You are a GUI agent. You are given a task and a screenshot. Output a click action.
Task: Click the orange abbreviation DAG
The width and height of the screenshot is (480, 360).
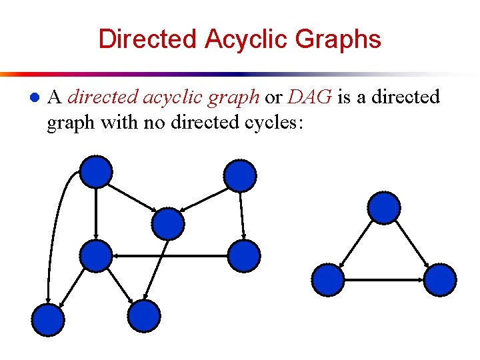point(309,97)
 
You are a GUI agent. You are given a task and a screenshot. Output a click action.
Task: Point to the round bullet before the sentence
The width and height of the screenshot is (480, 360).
point(33,98)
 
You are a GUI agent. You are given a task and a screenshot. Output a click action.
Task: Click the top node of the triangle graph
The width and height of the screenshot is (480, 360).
point(384,207)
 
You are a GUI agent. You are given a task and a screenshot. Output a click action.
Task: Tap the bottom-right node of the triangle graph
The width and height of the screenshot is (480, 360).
point(440,280)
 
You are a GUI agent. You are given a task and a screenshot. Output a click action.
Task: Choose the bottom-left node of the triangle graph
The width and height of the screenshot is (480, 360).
point(328,280)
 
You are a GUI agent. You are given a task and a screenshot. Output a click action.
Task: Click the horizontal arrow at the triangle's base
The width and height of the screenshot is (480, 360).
point(384,280)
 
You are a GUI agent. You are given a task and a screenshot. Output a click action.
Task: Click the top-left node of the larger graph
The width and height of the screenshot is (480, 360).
point(97,171)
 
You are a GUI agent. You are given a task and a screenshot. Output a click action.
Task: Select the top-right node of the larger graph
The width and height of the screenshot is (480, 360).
point(239,176)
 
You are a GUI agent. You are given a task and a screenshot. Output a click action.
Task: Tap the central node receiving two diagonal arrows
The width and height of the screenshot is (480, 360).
point(168,223)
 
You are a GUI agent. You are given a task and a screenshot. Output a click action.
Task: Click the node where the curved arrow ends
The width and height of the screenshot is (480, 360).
point(49,320)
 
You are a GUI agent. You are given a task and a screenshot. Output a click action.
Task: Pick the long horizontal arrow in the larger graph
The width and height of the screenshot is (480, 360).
point(170,256)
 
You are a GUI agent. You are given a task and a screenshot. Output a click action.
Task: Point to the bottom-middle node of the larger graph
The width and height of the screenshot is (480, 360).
point(144,316)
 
